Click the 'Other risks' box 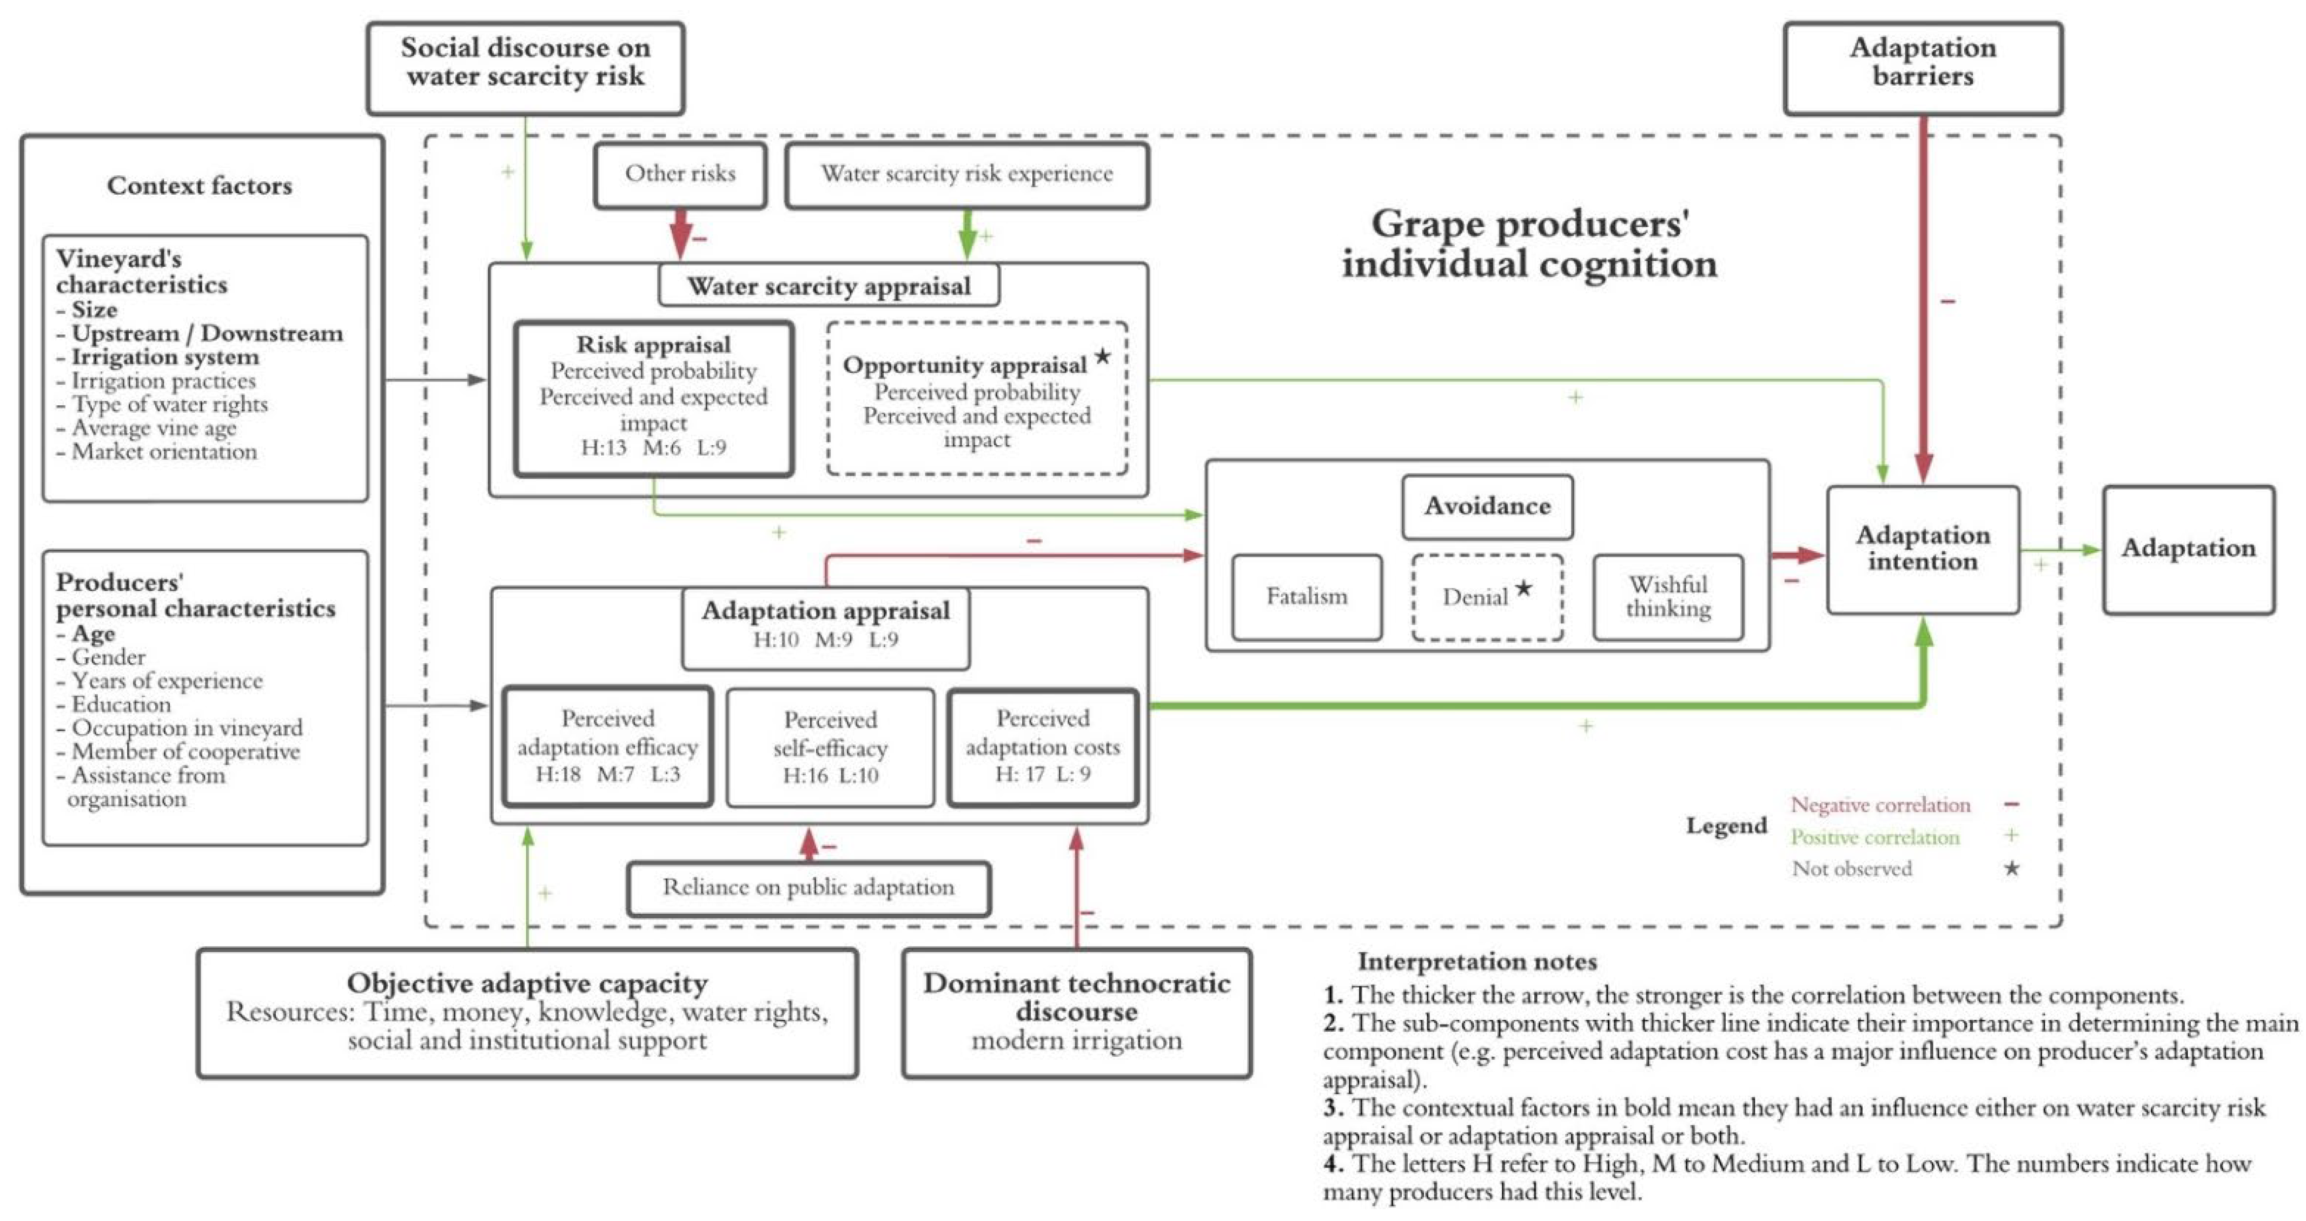(680, 175)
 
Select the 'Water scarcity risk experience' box (967, 175)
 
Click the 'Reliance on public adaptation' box (809, 888)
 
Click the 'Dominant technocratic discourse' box (1076, 1012)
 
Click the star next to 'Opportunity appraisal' (1103, 357)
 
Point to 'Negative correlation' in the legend (1880, 806)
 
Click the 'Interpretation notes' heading (1477, 961)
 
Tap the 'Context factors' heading (200, 186)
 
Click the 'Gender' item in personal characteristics (108, 658)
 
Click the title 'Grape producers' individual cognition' (1529, 243)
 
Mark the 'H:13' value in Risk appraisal (604, 447)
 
